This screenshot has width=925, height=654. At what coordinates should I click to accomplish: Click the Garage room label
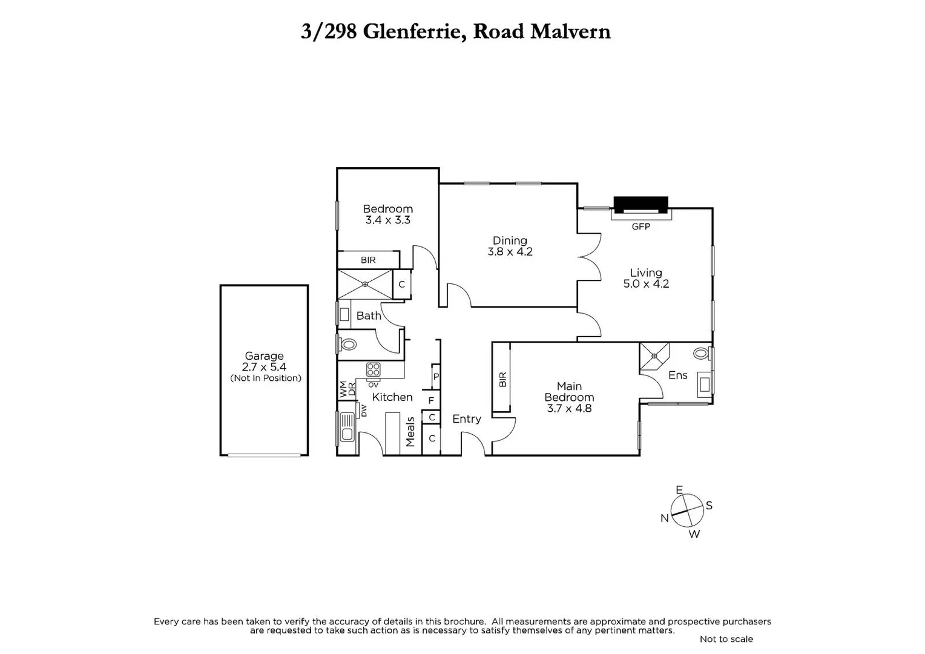coord(264,356)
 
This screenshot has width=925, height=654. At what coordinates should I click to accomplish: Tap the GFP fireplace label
coord(640,226)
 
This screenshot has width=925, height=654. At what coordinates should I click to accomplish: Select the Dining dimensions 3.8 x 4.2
coord(510,252)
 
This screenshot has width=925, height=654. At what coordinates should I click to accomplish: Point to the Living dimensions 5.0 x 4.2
coord(646,284)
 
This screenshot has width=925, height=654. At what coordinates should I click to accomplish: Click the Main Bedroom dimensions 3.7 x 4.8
coord(569,409)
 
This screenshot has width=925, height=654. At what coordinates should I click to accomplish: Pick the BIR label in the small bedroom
coord(368,260)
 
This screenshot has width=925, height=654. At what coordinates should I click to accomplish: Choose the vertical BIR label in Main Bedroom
coord(502,380)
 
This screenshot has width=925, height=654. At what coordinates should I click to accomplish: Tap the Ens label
coord(677,375)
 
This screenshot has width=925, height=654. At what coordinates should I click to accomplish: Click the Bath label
coord(368,315)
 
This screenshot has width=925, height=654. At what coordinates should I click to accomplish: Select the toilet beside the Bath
coord(348,345)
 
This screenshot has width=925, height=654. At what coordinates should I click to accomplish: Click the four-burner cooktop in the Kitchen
coord(373,369)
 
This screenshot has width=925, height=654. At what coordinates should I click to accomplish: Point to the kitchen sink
coord(347,426)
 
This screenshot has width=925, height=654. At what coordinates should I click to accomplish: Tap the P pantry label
coord(435,377)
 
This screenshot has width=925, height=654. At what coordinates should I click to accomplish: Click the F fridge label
coord(431,400)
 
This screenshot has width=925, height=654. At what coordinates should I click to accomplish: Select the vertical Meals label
coord(410,431)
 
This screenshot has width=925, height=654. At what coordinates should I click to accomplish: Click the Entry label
coord(467,419)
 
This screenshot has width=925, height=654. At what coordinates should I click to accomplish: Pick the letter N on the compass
coord(664,518)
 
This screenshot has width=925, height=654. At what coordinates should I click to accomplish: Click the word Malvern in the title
coord(570,31)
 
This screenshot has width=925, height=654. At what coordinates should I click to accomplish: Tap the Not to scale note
coord(726,639)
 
